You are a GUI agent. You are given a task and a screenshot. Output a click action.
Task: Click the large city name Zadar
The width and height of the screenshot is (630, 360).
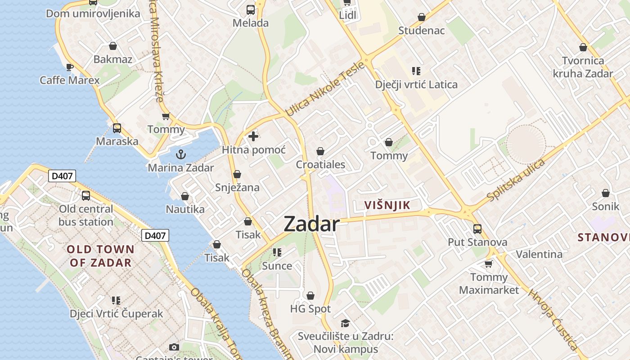311,224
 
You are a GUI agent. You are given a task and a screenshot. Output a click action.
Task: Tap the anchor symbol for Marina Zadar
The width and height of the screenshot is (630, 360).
180,154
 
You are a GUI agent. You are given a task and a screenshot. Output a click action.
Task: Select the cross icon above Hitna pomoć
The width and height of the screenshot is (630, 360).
253,136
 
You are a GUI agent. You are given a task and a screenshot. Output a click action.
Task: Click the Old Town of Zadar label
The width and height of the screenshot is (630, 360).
100,256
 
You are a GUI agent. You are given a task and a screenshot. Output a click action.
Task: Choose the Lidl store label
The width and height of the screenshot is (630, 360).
347,15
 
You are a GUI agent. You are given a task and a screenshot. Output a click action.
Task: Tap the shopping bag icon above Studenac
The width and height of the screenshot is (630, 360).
422,18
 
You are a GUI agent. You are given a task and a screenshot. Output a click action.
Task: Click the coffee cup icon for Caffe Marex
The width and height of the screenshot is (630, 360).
69,67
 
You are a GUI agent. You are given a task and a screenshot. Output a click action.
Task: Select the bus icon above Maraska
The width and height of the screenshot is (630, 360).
117,128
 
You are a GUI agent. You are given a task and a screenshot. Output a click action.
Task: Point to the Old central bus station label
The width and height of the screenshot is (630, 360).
86,215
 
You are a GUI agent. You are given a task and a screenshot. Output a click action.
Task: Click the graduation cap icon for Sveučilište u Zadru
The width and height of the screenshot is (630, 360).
345,323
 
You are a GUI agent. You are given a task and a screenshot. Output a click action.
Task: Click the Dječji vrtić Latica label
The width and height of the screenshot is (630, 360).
416,84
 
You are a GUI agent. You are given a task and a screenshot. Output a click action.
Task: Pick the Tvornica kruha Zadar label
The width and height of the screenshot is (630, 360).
583,67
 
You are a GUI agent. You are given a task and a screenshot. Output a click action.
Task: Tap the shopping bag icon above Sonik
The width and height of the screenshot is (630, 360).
606,193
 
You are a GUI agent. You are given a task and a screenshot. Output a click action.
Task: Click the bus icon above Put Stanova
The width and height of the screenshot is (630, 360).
477,229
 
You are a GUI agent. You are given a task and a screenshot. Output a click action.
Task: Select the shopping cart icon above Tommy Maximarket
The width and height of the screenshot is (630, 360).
489,264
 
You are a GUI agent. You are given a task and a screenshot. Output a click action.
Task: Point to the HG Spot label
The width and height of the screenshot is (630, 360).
310,309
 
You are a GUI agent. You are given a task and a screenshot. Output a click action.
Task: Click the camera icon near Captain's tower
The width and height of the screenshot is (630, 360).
174,347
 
